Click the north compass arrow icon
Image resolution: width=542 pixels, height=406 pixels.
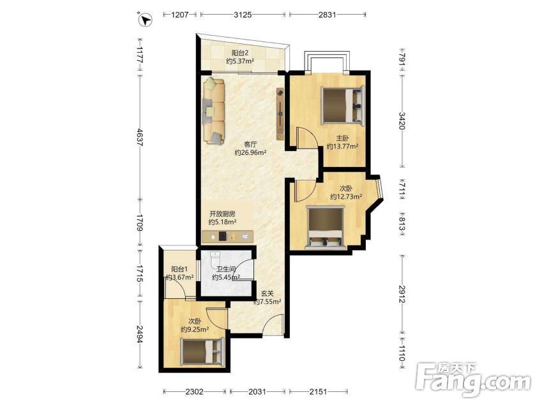tap(146, 19)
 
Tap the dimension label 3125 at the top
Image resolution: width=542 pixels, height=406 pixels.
tap(243, 15)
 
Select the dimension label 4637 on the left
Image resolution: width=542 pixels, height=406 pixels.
tap(139, 137)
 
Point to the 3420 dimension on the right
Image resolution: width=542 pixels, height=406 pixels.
tap(402, 121)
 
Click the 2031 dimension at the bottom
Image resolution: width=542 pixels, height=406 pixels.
tap(257, 391)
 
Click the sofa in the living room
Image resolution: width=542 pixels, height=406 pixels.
tap(214, 110)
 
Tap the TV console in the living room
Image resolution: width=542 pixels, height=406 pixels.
tap(280, 114)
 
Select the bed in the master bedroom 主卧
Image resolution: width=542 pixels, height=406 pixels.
tap(343, 105)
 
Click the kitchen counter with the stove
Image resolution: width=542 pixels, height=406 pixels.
tap(227, 236)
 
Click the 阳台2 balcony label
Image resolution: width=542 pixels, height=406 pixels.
tap(240, 53)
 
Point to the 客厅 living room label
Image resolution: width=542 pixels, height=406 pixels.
tap(250, 144)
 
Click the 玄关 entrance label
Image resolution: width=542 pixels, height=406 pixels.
tap(267, 293)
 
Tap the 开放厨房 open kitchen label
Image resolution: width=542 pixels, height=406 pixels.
tap(222, 214)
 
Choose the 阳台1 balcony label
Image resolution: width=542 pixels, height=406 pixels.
tap(179, 269)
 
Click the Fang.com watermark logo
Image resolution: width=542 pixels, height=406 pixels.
tap(472, 380)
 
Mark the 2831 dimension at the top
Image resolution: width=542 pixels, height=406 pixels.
tap(327, 15)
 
